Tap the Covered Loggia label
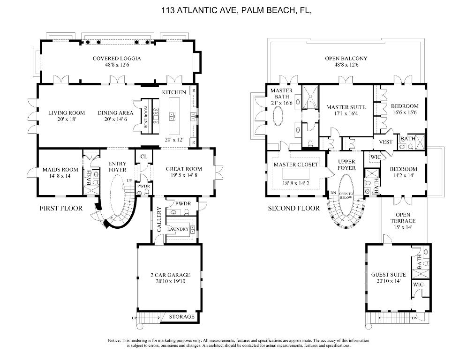point(116,59)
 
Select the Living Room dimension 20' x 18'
point(67,119)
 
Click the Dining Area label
point(115,113)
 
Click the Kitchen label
point(174,92)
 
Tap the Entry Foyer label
point(117,166)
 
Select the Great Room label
point(184,169)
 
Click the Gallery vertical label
point(159,222)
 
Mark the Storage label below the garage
point(181,317)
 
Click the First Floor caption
point(61,208)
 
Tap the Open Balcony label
point(346,59)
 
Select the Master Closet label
point(296,165)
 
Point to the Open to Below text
point(346,195)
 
